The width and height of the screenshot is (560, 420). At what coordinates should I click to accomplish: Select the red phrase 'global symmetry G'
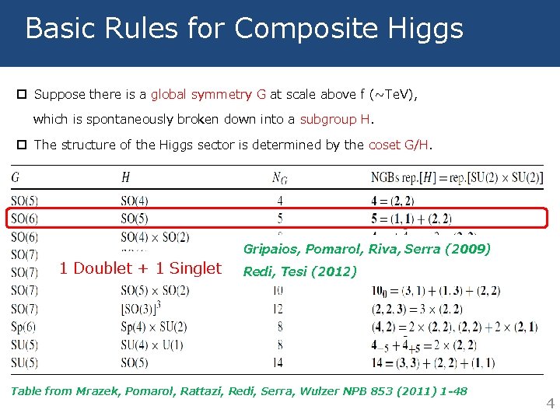point(208,94)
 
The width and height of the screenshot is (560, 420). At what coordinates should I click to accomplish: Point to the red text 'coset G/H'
point(399,145)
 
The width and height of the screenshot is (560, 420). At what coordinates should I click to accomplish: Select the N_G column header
point(279,178)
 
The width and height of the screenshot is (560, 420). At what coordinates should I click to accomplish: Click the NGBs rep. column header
point(457,178)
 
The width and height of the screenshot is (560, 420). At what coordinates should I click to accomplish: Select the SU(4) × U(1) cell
point(152,345)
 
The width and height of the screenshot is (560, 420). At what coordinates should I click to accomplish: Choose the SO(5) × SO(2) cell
point(155,291)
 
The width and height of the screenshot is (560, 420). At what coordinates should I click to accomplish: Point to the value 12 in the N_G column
point(279,309)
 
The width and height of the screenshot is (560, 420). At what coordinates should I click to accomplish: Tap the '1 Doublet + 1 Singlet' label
point(141,268)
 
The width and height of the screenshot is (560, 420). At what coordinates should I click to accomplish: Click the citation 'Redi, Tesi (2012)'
point(300,271)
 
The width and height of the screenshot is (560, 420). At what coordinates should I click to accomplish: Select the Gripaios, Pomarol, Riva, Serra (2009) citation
point(367,249)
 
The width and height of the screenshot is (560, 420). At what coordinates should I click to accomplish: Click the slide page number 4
point(549,404)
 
